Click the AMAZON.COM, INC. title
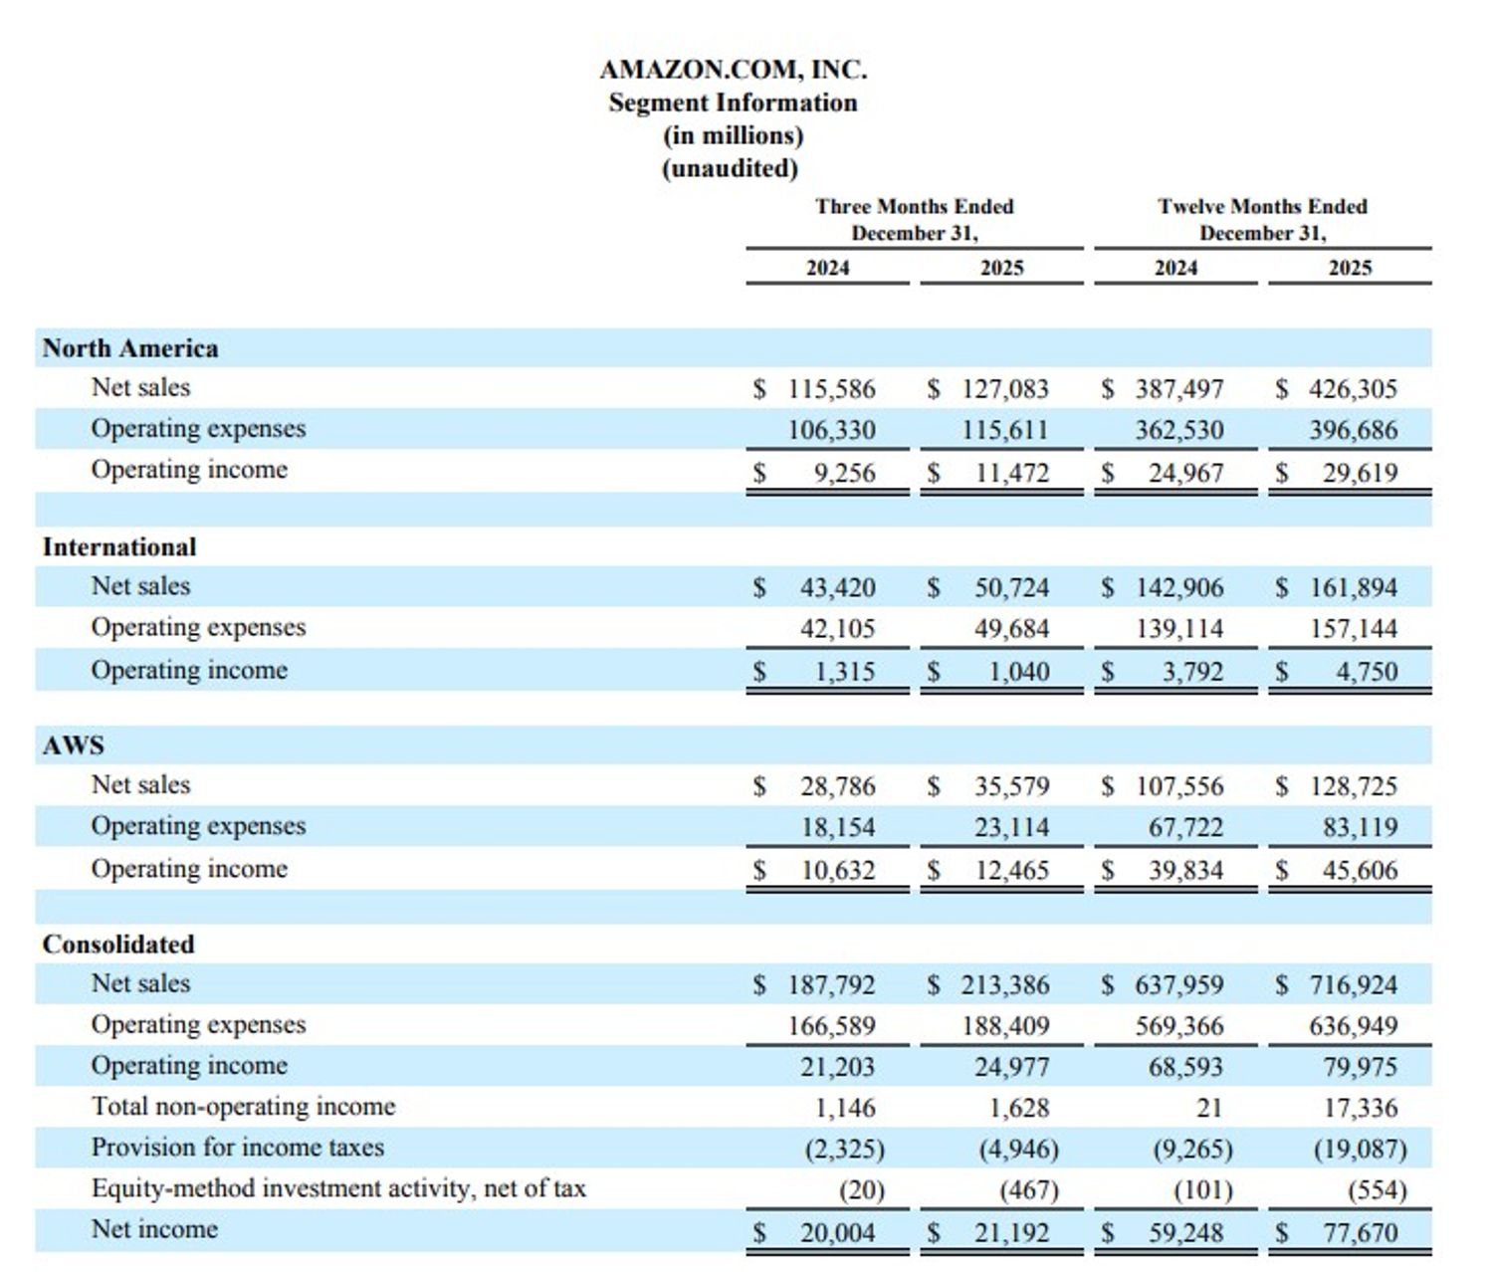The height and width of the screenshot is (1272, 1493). click(733, 70)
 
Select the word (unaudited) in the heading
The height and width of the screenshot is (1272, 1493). click(731, 168)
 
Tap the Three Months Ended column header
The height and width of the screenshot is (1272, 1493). click(914, 206)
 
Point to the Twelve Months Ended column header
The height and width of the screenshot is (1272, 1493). click(1262, 206)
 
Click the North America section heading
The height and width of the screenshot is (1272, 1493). click(129, 348)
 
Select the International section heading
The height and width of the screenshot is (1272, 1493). click(119, 547)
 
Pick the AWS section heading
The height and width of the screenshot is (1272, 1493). click(73, 745)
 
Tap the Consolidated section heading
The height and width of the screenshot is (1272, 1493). click(118, 944)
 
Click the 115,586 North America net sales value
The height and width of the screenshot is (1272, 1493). click(831, 388)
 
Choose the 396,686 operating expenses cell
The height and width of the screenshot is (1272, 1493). click(1353, 430)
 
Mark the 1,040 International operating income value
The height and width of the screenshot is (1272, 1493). click(1018, 672)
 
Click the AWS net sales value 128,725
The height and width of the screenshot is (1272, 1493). click(1353, 786)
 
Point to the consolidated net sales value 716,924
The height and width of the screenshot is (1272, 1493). click(1353, 985)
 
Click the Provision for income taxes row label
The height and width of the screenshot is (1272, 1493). click(237, 1148)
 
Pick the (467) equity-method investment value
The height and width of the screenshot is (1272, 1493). click(1028, 1190)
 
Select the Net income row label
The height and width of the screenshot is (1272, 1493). click(154, 1229)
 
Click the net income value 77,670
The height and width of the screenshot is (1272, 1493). click(1360, 1233)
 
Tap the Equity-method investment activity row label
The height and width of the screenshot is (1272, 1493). click(338, 1188)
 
